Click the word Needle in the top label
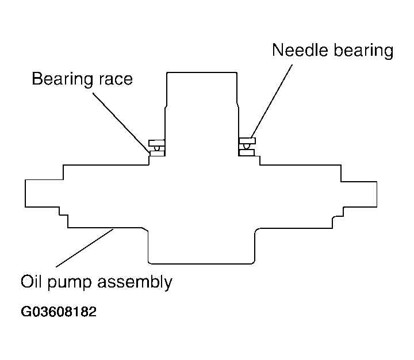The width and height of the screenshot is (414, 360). pos(300,50)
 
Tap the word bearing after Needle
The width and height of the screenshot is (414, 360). pos(363,51)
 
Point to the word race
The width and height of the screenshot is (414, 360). pos(116,80)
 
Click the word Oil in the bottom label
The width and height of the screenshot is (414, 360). pos(31,282)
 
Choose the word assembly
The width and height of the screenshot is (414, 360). pos(135,282)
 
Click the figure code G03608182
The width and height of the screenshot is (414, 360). pos(59,312)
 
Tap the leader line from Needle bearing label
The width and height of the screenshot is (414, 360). pos(271,101)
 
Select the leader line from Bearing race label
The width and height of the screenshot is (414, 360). pos(121,123)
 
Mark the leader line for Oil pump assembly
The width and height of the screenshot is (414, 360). pos(85,248)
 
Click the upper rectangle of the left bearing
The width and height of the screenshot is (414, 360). pos(157,143)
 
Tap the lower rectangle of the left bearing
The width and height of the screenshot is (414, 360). pos(158,153)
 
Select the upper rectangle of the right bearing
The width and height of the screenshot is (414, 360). pos(247,141)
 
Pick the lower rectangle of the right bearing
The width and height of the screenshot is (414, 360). pos(247,152)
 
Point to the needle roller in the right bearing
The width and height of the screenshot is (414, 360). pos(246,147)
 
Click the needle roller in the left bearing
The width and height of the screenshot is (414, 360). pos(158,148)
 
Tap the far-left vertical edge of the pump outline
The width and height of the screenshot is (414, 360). pos(25,193)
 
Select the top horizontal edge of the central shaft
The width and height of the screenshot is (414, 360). pos(202,72)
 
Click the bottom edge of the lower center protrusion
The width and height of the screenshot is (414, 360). pos(201,263)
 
